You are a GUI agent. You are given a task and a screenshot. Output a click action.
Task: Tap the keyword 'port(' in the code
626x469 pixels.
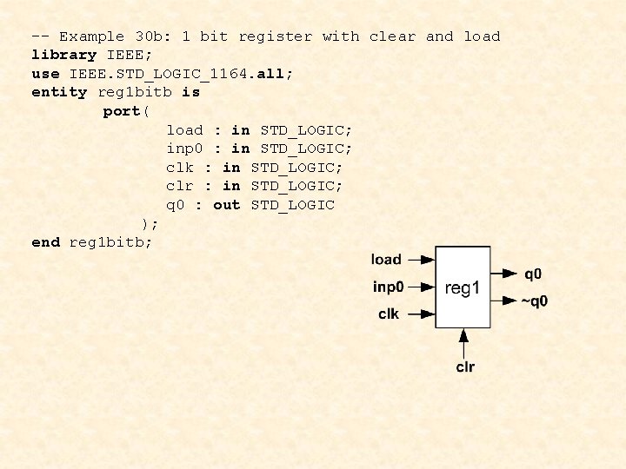pos(126,111)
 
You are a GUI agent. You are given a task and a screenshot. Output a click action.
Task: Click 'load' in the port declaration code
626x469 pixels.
pos(184,130)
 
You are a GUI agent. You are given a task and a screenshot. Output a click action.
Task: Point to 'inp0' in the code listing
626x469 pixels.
pos(184,149)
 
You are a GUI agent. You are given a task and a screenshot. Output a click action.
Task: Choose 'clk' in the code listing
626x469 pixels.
pos(180,168)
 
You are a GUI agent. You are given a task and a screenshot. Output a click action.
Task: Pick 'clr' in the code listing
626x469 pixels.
pos(180,186)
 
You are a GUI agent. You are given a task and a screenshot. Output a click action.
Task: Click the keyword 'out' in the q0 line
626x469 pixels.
pos(226,205)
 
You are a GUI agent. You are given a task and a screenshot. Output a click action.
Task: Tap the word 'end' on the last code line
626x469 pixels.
pos(45,242)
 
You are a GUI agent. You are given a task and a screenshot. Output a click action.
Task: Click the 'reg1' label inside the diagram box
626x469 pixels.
pos(463,287)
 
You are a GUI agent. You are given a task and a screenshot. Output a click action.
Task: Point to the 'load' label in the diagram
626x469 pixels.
pos(386,259)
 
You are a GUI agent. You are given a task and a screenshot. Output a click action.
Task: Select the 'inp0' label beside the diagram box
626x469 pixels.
pos(388,287)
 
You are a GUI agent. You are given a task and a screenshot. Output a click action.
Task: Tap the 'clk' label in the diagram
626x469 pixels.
pos(389,314)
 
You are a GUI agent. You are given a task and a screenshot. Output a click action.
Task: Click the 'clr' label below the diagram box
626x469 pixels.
pos(465,367)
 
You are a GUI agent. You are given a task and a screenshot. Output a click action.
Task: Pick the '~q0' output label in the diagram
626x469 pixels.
pos(535,301)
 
